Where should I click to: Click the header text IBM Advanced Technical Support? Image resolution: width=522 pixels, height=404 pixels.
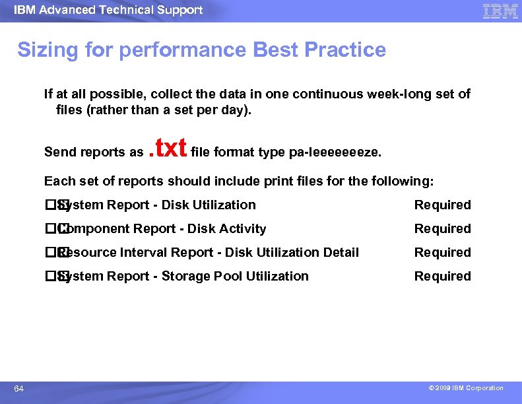tap(108, 10)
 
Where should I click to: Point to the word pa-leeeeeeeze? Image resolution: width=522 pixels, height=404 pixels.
tap(335, 152)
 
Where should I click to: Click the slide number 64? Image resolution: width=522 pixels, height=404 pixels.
tap(19, 389)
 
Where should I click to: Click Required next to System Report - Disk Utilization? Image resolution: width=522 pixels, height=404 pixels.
tap(442, 205)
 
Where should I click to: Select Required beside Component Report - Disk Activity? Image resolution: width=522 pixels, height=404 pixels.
tap(442, 229)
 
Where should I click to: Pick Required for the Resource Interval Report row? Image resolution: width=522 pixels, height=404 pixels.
tap(442, 253)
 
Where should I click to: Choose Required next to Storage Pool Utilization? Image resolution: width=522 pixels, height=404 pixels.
tap(442, 277)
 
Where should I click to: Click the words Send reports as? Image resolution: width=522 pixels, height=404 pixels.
tap(93, 152)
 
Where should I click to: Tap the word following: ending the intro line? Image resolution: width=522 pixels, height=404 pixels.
tap(405, 181)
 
